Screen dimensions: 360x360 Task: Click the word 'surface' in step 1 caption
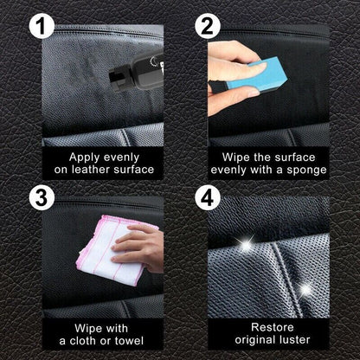(x=133, y=170)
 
